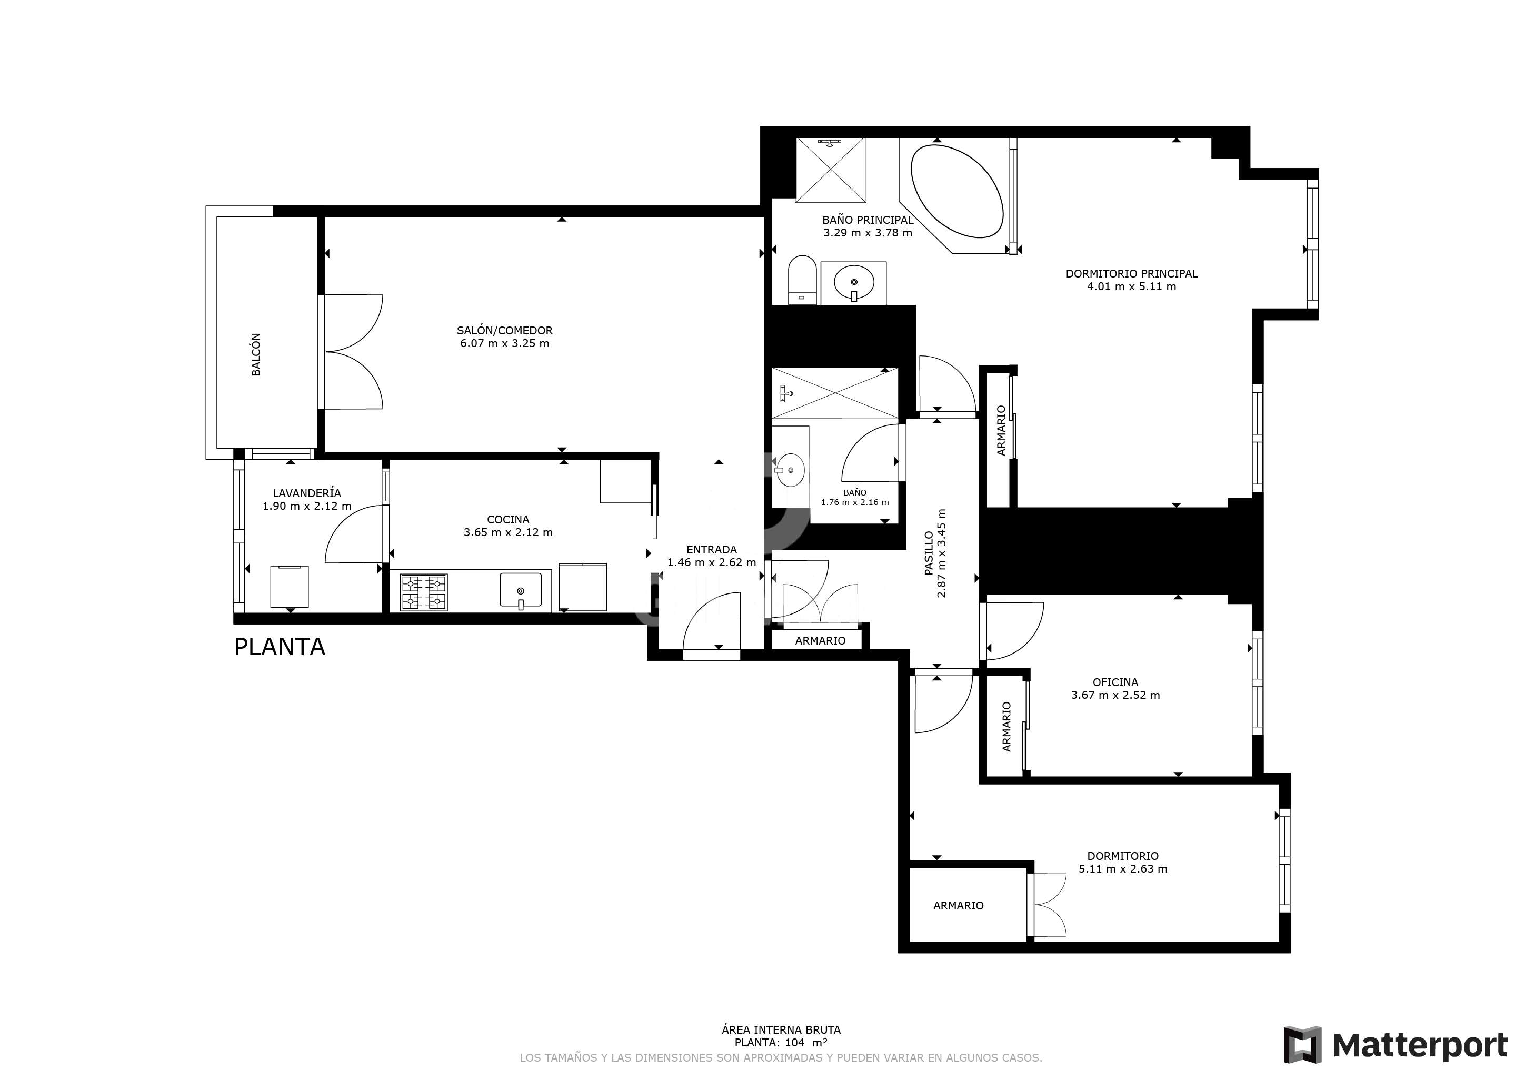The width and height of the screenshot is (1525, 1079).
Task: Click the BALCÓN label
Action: coord(256,355)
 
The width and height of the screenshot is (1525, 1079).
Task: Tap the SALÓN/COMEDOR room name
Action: coord(505,330)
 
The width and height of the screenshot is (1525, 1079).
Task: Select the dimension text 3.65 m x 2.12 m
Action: coord(508,532)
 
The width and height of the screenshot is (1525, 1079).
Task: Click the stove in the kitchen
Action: coord(424,592)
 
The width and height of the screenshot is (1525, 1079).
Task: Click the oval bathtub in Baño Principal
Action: coord(957,191)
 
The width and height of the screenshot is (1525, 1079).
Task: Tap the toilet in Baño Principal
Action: coord(802,280)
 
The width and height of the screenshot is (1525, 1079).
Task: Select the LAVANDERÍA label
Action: coord(307,493)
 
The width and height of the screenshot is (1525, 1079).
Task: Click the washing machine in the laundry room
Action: coord(290,586)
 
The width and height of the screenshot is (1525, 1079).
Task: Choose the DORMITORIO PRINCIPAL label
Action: coord(1132,273)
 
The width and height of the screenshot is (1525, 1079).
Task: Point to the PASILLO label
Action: coord(929,553)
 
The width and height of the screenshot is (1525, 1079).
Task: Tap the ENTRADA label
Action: coord(711,549)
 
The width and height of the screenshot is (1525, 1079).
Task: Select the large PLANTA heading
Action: coord(280,647)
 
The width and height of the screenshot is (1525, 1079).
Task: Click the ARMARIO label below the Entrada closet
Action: coord(820,640)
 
